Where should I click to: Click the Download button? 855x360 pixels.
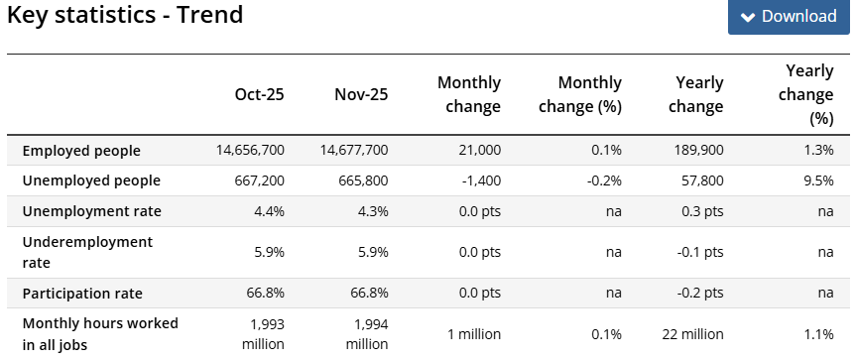point(789,17)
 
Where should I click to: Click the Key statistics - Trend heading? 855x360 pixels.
point(125,15)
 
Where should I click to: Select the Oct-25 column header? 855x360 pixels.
point(259,95)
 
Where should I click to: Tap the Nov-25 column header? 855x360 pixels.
point(362,95)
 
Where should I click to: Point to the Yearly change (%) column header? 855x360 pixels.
point(808,94)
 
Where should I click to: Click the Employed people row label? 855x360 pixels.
point(81,151)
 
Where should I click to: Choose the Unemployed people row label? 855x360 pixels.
point(91,180)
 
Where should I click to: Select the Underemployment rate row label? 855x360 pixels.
point(87,252)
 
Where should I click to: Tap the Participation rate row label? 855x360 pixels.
point(82,294)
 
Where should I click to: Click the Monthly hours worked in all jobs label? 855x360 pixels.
point(100,333)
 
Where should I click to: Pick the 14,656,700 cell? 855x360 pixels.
point(250,151)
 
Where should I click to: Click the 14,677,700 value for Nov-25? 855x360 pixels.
point(354,151)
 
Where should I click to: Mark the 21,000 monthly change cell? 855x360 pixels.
point(479,151)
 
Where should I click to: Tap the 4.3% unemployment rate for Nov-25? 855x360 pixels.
point(372,211)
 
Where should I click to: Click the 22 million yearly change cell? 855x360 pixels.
point(692,333)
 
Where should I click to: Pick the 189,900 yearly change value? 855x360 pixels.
point(698,151)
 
